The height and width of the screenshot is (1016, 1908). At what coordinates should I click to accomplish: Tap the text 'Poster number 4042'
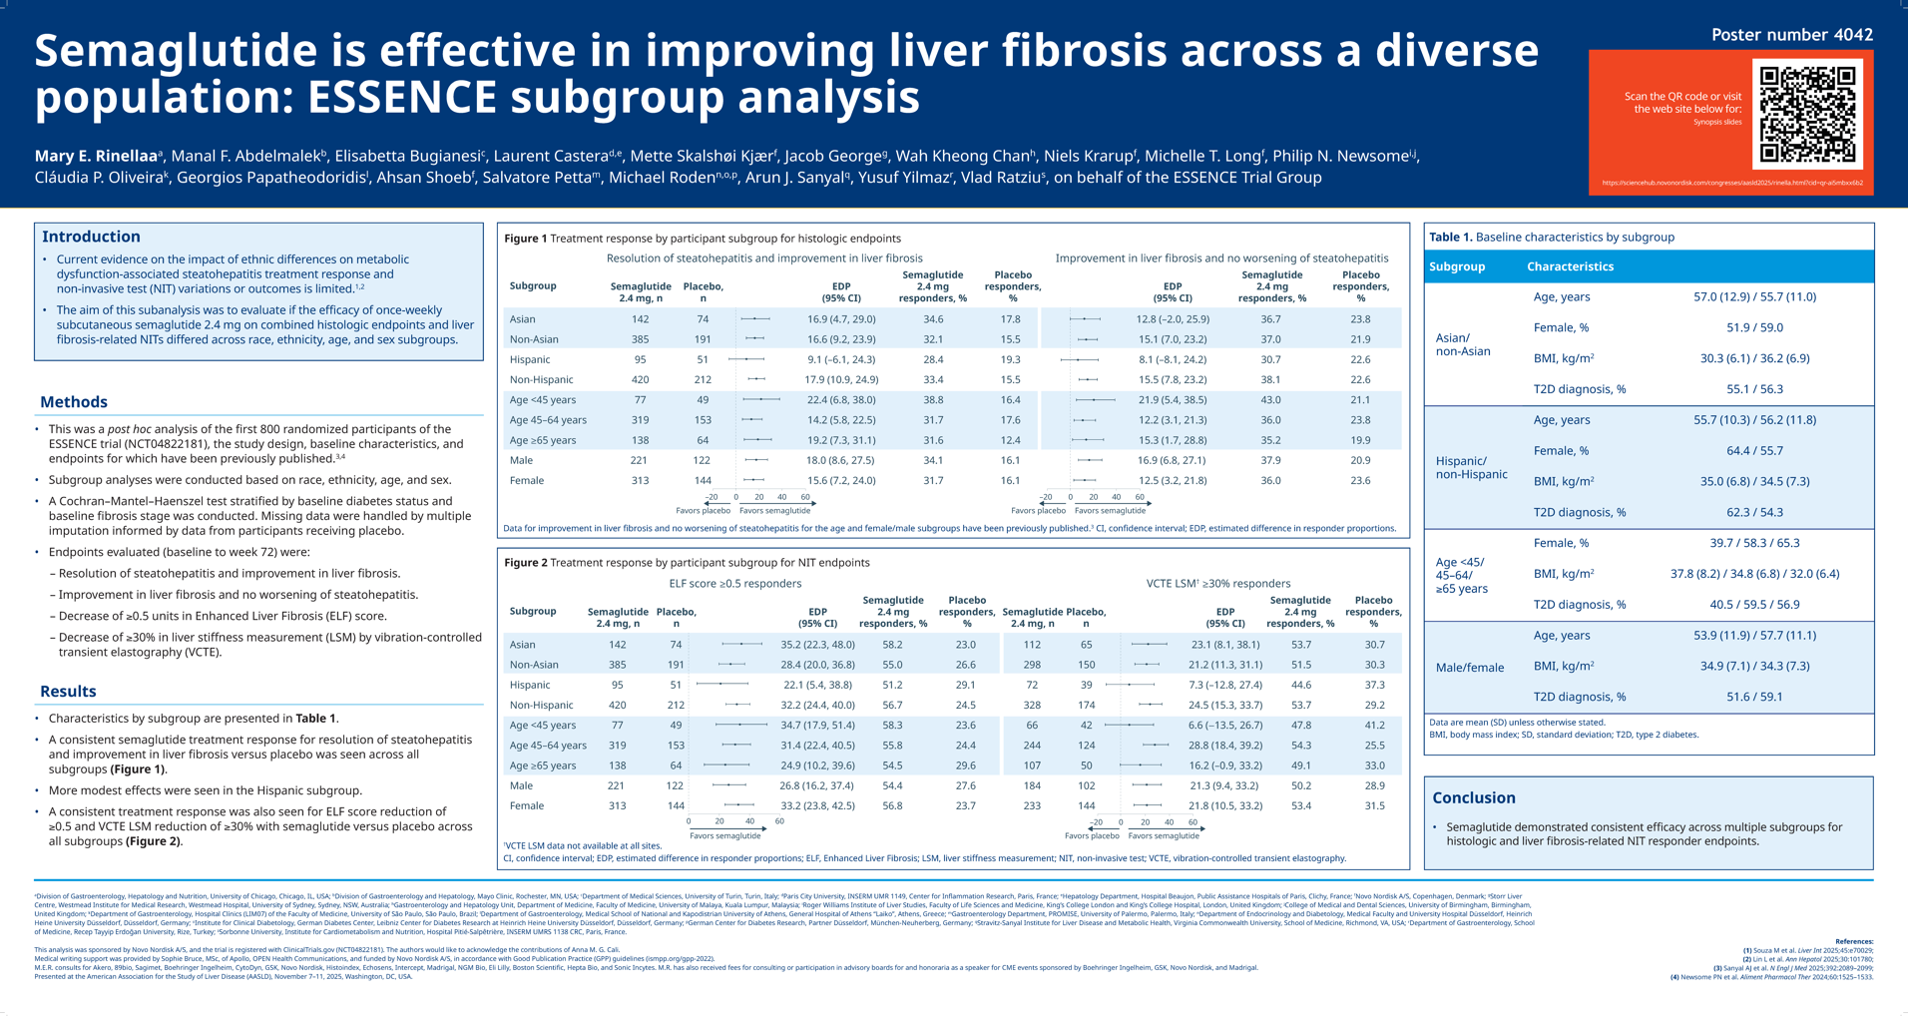coord(1791,35)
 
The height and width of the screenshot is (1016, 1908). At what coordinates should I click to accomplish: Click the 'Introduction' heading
coord(91,237)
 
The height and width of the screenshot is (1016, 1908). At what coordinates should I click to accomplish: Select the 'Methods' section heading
coord(74,402)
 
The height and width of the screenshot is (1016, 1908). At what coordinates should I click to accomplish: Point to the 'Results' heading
coord(68,692)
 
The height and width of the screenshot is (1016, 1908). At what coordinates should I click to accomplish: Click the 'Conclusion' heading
coord(1473,797)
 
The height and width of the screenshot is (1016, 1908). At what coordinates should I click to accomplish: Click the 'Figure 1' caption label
coord(525,239)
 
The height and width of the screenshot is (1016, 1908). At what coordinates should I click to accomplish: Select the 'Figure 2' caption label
coord(525,563)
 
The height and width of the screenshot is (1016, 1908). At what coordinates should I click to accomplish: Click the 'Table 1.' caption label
coord(1450,238)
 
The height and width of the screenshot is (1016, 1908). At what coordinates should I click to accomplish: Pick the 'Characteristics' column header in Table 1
coord(1569,266)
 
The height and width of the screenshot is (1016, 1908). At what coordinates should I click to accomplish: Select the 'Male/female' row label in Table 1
coord(1469,668)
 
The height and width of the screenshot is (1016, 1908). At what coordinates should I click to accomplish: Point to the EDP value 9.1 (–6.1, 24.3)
coord(840,359)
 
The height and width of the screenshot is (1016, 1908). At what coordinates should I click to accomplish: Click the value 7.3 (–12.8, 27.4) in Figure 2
coord(1224,686)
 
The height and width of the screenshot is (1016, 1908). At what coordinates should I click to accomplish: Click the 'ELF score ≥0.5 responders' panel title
coord(734,584)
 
